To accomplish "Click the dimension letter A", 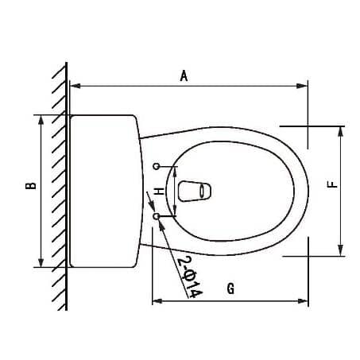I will pyautogui.click(x=184, y=75).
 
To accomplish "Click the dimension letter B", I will pyautogui.click(x=29, y=186).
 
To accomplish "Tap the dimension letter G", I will pyautogui.click(x=230, y=289).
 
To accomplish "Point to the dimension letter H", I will pyautogui.click(x=159, y=192).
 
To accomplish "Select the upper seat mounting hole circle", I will pyautogui.click(x=157, y=166).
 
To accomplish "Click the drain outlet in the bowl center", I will pyautogui.click(x=196, y=191).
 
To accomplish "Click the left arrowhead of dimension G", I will pyautogui.click(x=156, y=301).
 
